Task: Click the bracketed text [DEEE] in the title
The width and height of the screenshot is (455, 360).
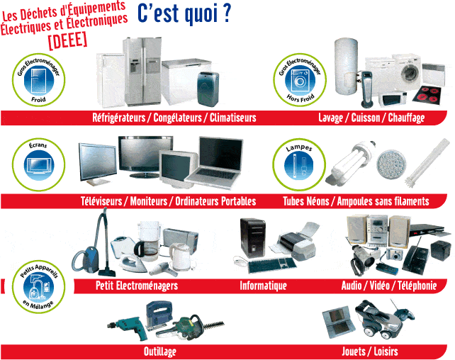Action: (x=67, y=40)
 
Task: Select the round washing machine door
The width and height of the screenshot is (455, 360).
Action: (x=410, y=72)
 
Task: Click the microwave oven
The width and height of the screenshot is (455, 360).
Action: (x=393, y=99)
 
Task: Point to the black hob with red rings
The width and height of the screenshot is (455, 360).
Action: (x=427, y=94)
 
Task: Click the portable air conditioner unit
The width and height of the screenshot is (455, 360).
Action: (x=208, y=89)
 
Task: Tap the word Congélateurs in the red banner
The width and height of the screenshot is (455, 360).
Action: (x=177, y=118)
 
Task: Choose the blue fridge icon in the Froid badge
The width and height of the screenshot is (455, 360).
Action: (x=38, y=80)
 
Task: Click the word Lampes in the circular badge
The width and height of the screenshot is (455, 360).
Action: (x=299, y=148)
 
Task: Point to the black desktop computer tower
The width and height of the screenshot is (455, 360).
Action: (x=252, y=237)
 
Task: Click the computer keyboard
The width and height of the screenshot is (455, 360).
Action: (x=271, y=265)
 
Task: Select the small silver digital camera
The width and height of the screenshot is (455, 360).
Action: (x=394, y=254)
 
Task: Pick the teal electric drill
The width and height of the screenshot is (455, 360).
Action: (x=128, y=327)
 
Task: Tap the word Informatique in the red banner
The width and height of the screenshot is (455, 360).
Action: (x=263, y=286)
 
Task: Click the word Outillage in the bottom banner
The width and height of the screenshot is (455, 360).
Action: (x=160, y=351)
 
